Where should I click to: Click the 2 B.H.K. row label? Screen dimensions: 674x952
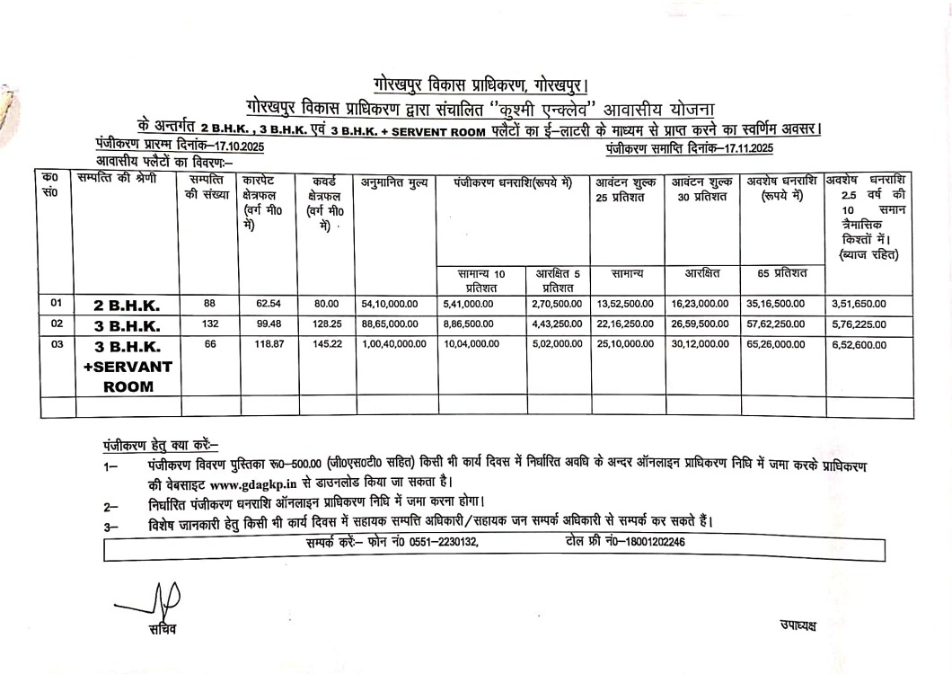pos(127,306)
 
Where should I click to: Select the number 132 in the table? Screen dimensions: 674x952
pos(209,324)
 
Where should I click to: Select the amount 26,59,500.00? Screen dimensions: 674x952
pos(701,324)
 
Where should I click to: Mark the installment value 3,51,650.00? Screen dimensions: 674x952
pos(857,304)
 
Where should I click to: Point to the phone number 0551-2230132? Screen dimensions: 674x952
pos(444,542)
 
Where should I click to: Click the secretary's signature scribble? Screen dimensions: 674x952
pos(162,596)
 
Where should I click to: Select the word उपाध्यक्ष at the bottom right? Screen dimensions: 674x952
pos(798,625)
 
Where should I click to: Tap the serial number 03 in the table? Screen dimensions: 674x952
pos(56,343)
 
